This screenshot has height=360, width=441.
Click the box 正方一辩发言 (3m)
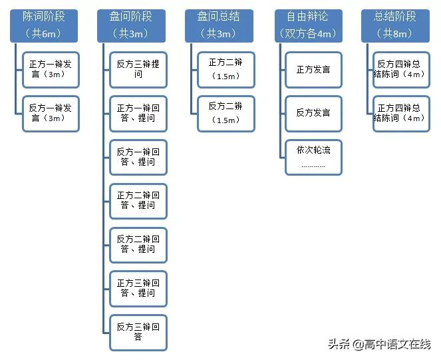click(51, 70)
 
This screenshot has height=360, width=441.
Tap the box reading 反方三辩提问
click(138, 70)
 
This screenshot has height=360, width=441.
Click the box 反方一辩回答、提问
click(138, 157)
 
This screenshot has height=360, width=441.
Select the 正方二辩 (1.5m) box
click(226, 70)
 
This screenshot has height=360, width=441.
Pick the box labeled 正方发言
click(313, 70)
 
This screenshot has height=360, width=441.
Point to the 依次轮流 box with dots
click(313, 157)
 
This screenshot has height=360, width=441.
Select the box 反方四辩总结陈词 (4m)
click(401, 70)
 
